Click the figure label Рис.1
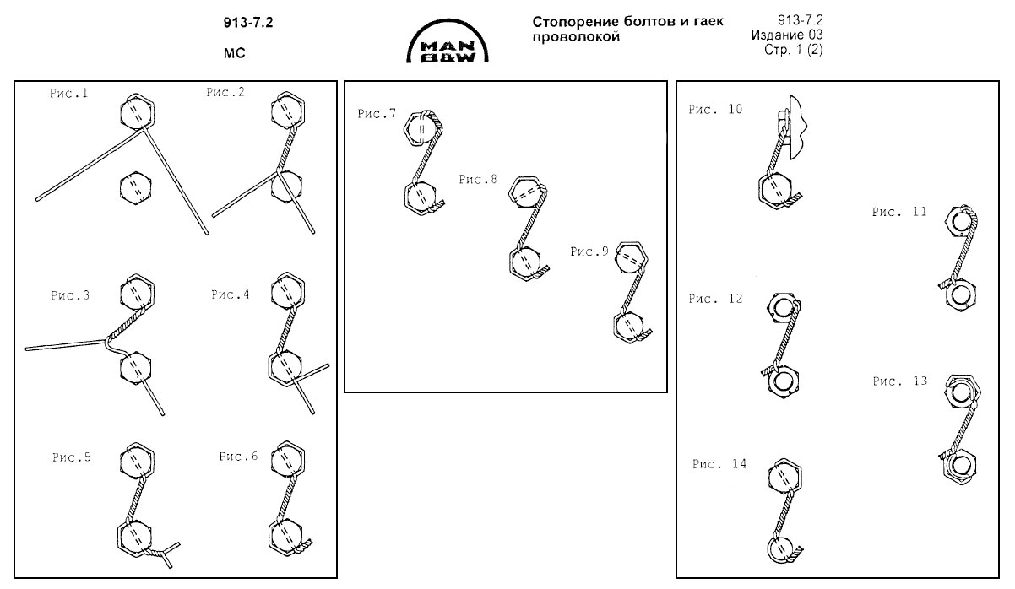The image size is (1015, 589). coord(68,93)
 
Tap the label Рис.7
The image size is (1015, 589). coord(377,114)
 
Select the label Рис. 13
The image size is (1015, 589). coord(899,381)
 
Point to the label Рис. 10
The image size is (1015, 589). coord(715,109)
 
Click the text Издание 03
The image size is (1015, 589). coord(785,35)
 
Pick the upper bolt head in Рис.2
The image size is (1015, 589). coord(287,110)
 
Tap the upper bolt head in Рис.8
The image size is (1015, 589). coord(526,192)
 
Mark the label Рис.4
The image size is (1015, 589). coord(231,294)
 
